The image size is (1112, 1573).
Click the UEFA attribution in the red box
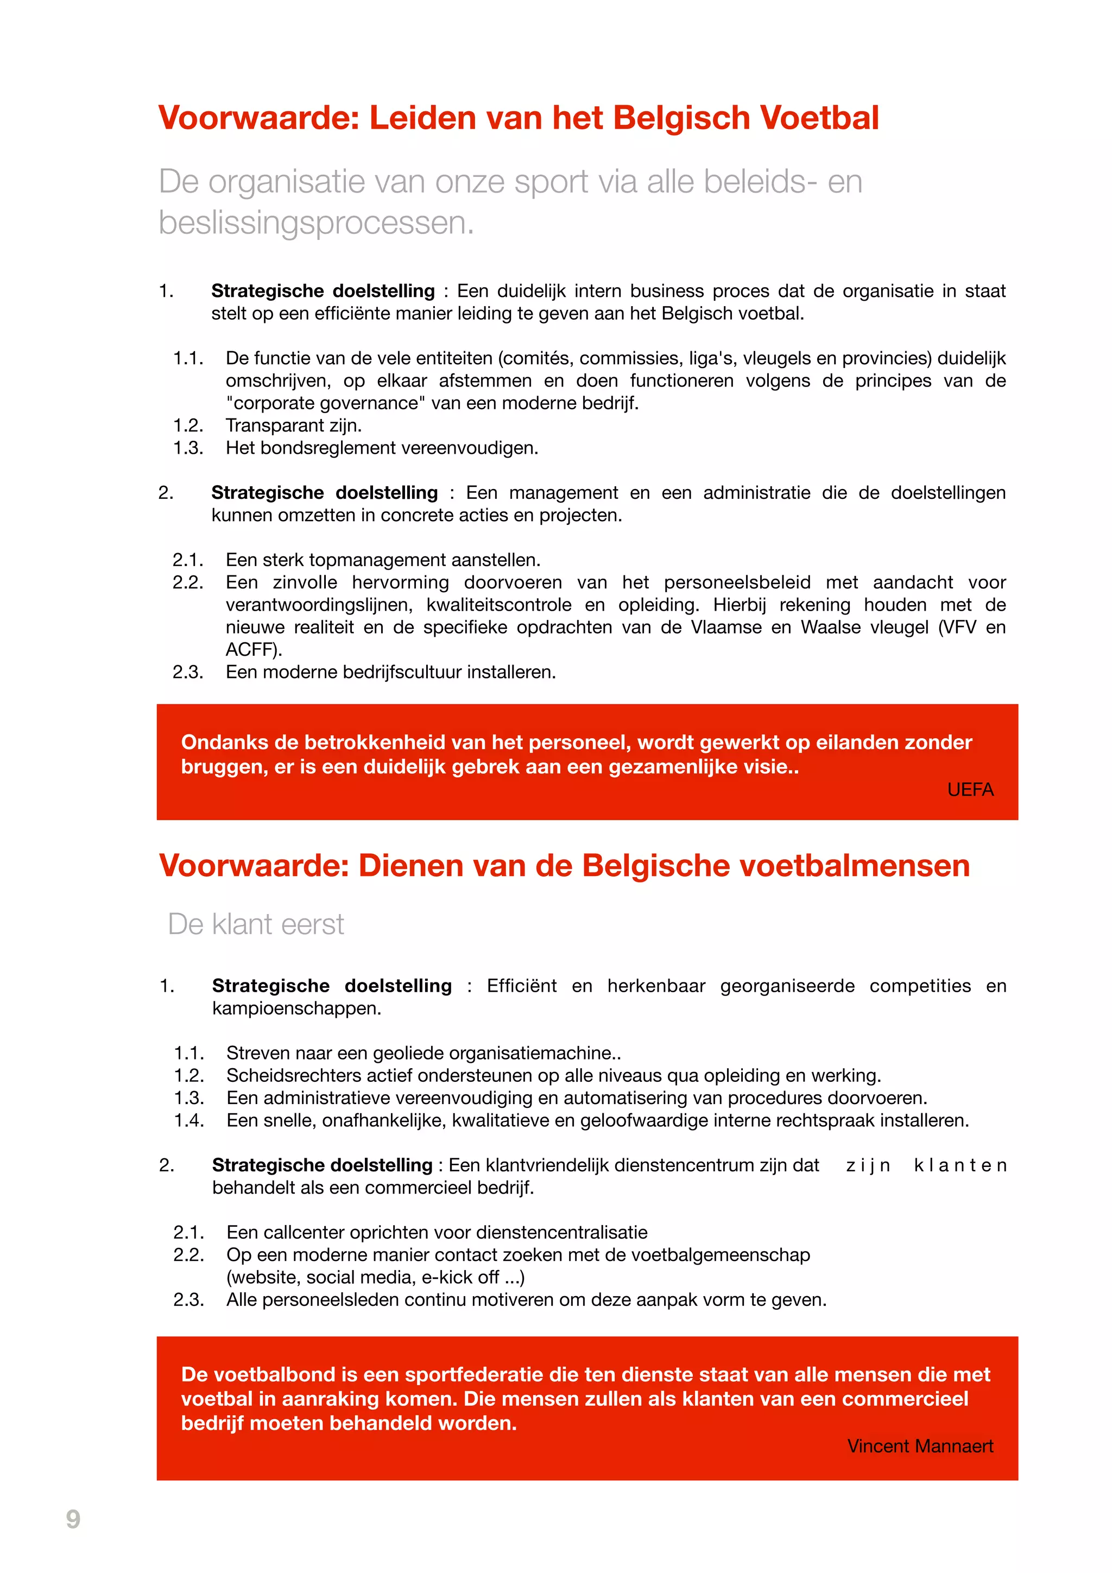point(970,790)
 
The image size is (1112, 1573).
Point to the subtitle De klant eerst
point(256,924)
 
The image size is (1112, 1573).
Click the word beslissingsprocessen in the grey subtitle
point(315,223)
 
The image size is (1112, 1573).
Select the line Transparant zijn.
point(293,426)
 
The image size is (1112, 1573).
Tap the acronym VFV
point(957,627)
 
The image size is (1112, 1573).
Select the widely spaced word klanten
point(959,1165)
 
